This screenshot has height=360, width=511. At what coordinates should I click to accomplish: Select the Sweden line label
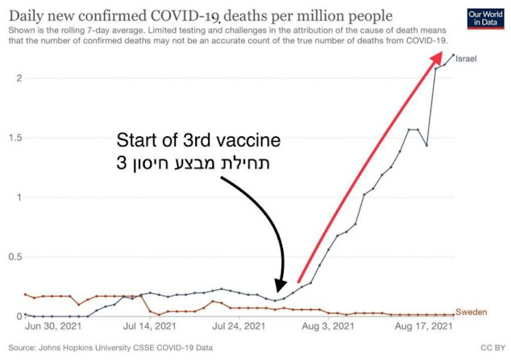click(472, 311)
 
